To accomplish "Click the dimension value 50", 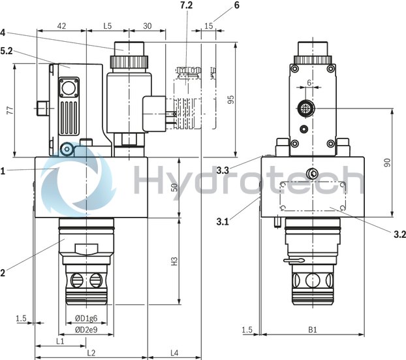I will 174,188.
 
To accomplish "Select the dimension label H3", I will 174,261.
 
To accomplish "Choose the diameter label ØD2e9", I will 87,329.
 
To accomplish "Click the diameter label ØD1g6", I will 87,318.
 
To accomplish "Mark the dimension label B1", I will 312,331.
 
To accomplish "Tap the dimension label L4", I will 175,353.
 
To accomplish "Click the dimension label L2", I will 91,353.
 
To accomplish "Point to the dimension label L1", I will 60,342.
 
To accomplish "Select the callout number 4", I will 3,31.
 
